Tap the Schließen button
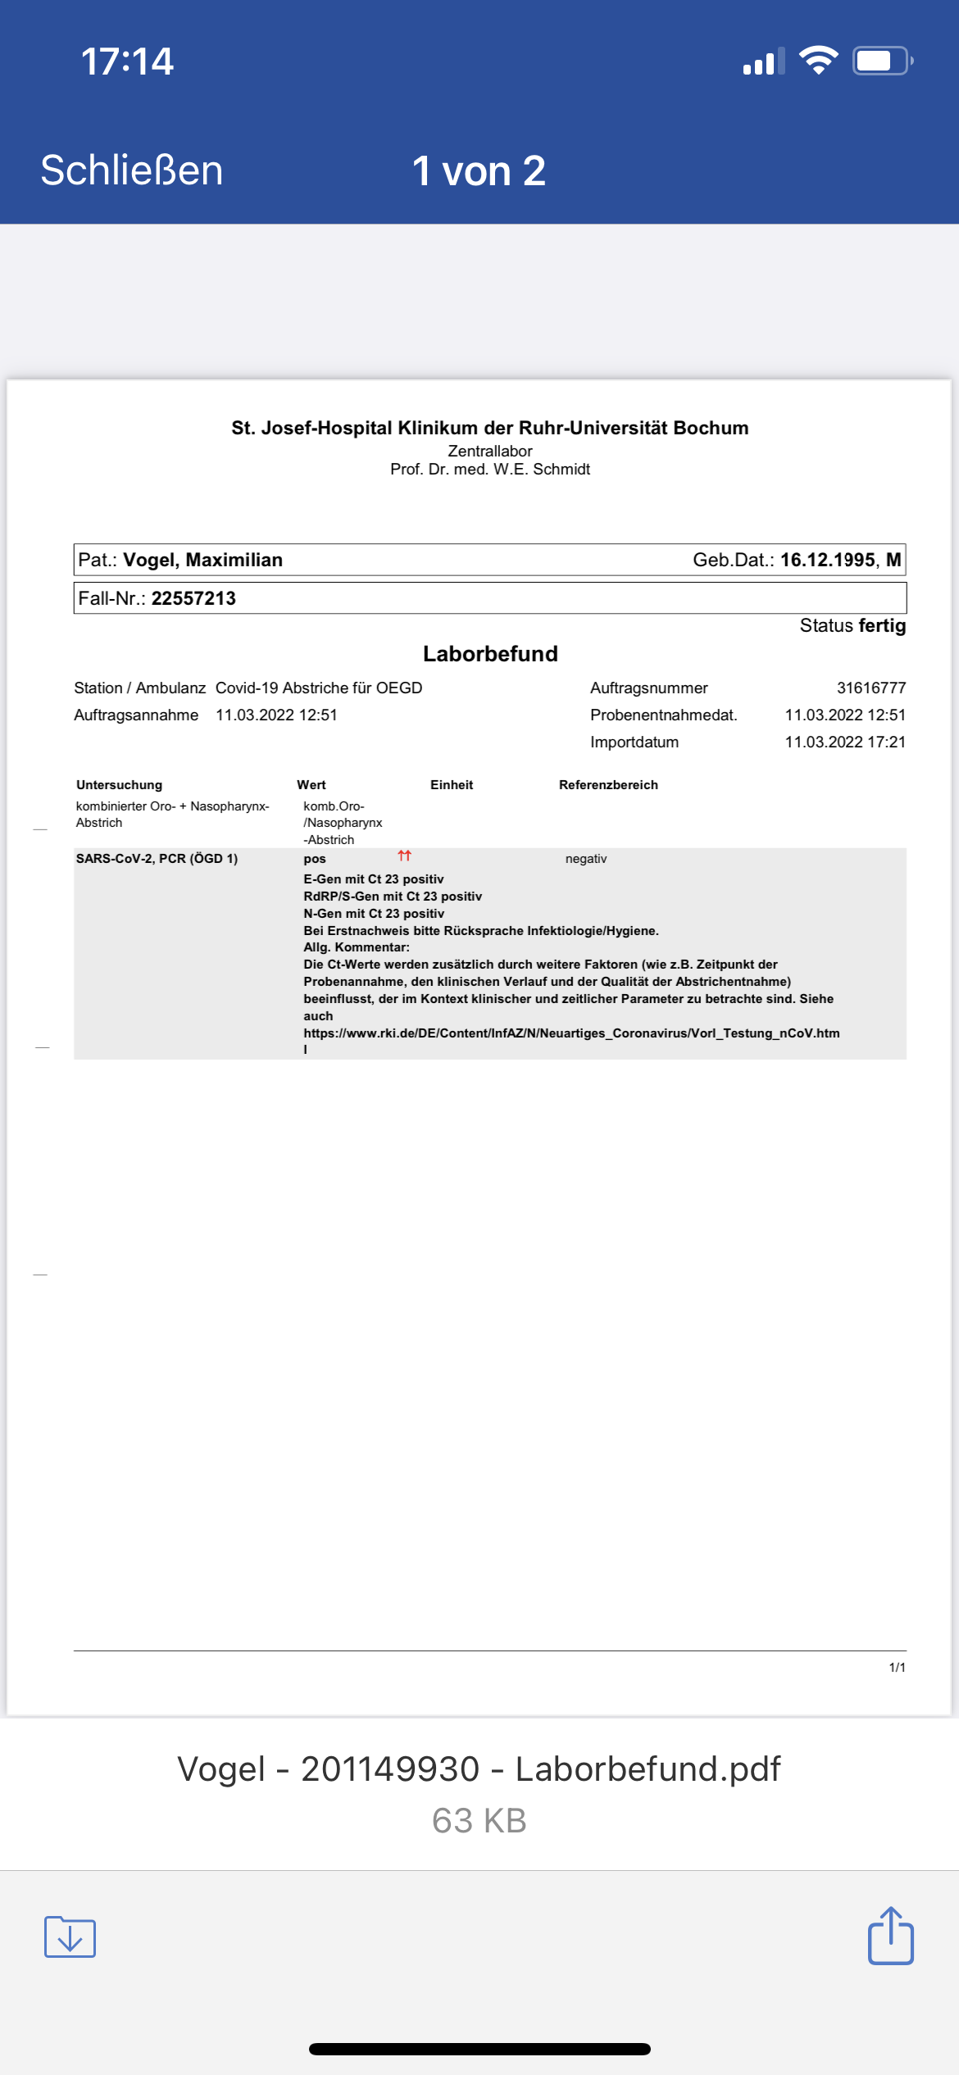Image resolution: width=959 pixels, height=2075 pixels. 132,170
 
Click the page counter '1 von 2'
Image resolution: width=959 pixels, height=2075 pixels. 479,171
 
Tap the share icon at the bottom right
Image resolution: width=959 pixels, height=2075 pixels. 890,1937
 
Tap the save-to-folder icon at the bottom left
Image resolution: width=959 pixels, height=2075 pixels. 70,1937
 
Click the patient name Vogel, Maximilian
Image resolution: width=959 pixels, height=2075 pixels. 202,560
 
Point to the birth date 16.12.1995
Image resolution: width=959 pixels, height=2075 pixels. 827,560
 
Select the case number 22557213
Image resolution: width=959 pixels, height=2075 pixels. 193,598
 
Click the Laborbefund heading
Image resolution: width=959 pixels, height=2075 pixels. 490,654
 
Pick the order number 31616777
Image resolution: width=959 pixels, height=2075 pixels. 870,688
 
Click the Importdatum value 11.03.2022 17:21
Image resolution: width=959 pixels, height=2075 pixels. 844,742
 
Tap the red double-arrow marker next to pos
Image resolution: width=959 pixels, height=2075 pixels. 404,856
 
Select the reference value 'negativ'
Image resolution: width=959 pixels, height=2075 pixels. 586,859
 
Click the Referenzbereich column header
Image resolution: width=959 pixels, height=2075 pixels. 608,785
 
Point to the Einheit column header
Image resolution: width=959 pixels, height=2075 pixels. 452,785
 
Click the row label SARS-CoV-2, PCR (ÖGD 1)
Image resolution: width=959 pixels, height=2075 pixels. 157,859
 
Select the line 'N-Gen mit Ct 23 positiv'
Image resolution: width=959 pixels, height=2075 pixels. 374,914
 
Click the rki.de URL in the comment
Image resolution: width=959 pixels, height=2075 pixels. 571,1033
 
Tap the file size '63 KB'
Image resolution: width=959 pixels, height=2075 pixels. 479,1821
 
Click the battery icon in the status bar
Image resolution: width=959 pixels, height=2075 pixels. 882,61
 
